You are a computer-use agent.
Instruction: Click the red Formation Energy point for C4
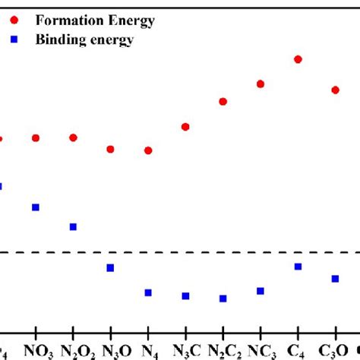(298, 59)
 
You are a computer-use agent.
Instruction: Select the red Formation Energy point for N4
(148, 150)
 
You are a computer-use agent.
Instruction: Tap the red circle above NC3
(261, 84)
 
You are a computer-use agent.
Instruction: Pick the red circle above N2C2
(223, 101)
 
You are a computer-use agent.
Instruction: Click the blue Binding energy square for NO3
(36, 207)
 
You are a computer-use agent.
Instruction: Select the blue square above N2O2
(73, 226)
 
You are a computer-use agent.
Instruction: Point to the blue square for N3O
(110, 267)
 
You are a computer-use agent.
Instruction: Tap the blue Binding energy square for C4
(298, 266)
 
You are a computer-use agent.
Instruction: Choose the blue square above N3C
(185, 295)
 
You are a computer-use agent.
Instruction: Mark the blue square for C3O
(335, 279)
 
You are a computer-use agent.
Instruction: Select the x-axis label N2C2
(223, 351)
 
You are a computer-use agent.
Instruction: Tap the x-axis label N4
(148, 351)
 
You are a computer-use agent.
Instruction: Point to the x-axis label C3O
(335, 351)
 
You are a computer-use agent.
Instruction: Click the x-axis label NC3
(261, 351)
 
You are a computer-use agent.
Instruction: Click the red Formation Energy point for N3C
(185, 127)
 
